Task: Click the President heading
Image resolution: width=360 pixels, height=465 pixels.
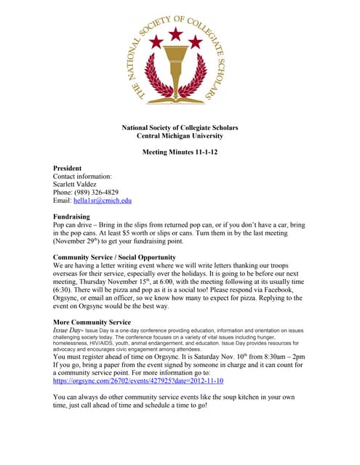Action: coord(72,169)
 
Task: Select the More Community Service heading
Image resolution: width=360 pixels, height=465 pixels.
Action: coord(92,321)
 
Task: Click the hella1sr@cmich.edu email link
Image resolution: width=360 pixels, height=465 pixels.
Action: coord(103,201)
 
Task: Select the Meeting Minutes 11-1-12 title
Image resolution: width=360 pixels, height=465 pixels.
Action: coord(180,152)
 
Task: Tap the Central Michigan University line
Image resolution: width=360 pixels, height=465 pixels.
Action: coord(180,136)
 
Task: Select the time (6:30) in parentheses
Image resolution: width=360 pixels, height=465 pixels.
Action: coord(64,289)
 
